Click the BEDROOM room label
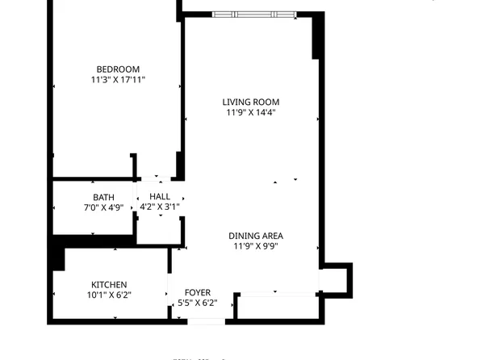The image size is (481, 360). coord(118,69)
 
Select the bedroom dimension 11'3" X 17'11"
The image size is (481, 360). coord(118,80)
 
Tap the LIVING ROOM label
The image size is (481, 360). coord(252,102)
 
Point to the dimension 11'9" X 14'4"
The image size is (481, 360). coord(252,113)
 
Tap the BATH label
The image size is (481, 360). coord(103,197)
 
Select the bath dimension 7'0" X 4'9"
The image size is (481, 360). coord(103,207)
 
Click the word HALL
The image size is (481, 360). coord(160,196)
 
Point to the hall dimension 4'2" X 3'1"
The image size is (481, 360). coord(160,207)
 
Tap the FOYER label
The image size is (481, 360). coord(198,292)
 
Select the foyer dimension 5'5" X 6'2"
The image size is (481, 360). coord(198,303)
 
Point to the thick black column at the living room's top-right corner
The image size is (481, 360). coord(317,36)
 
